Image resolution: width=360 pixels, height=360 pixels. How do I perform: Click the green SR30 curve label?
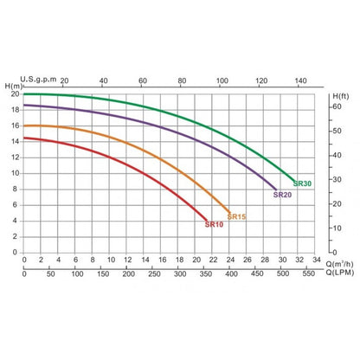pos(302,183)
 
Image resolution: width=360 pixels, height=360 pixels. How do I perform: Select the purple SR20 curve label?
pos(282,195)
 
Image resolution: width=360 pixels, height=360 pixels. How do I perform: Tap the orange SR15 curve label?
pos(236,216)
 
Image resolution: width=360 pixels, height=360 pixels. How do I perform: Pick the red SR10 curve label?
pos(214,224)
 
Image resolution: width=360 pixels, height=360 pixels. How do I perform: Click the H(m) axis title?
pos(14,86)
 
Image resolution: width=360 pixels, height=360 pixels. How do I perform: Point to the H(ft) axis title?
pos(341,96)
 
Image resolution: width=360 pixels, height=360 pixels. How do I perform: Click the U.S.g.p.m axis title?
pos(38,79)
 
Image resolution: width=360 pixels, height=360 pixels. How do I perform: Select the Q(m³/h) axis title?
pos(339,264)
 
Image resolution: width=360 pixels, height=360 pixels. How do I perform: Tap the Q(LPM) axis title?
pos(340,273)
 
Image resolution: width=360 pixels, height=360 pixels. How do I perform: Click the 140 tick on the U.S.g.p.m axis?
pos(300,80)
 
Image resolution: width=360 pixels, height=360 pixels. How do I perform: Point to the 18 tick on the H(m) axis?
pos(16,110)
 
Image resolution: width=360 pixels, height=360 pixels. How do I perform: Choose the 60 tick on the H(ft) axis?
pos(337,106)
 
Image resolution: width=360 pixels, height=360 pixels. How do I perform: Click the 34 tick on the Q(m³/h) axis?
pos(317,260)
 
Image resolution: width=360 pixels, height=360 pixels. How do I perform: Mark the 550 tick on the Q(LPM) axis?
pos(308,273)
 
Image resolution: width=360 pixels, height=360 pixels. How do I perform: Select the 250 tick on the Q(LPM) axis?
pos(154,273)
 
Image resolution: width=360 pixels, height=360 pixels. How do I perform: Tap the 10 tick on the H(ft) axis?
pos(337,228)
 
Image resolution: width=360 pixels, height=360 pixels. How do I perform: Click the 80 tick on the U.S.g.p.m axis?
pos(182,80)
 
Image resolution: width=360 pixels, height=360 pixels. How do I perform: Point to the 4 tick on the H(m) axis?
pos(15,221)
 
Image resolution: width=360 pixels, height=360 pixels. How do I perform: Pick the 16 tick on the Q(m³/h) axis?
pos(163,260)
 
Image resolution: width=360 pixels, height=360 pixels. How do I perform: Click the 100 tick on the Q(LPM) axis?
pos(77,273)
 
